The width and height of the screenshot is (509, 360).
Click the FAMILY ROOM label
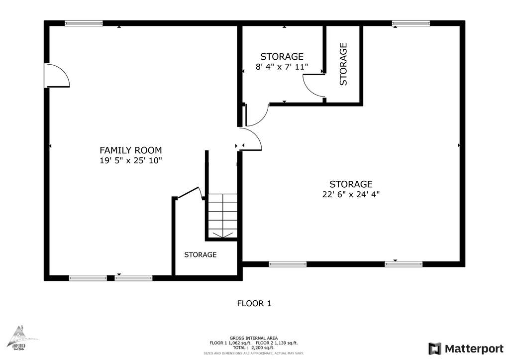point(130,150)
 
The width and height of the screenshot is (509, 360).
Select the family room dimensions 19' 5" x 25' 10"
point(130,161)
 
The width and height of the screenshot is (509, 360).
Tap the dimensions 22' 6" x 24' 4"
point(350,195)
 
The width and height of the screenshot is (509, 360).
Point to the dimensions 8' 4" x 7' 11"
point(282,67)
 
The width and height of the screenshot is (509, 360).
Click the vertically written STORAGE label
point(343,64)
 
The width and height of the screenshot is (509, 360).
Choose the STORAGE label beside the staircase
point(200,254)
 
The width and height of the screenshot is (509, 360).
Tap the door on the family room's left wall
point(56,76)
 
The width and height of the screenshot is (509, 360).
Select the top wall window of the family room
point(84,23)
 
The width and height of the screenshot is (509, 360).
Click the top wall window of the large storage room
point(410,23)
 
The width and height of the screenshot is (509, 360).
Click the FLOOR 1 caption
point(254,303)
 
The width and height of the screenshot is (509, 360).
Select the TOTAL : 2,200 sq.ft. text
point(253,348)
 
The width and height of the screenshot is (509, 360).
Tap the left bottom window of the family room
point(88,278)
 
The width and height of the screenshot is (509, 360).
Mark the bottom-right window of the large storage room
point(403,264)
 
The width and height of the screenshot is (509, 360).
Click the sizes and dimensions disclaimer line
point(253,353)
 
